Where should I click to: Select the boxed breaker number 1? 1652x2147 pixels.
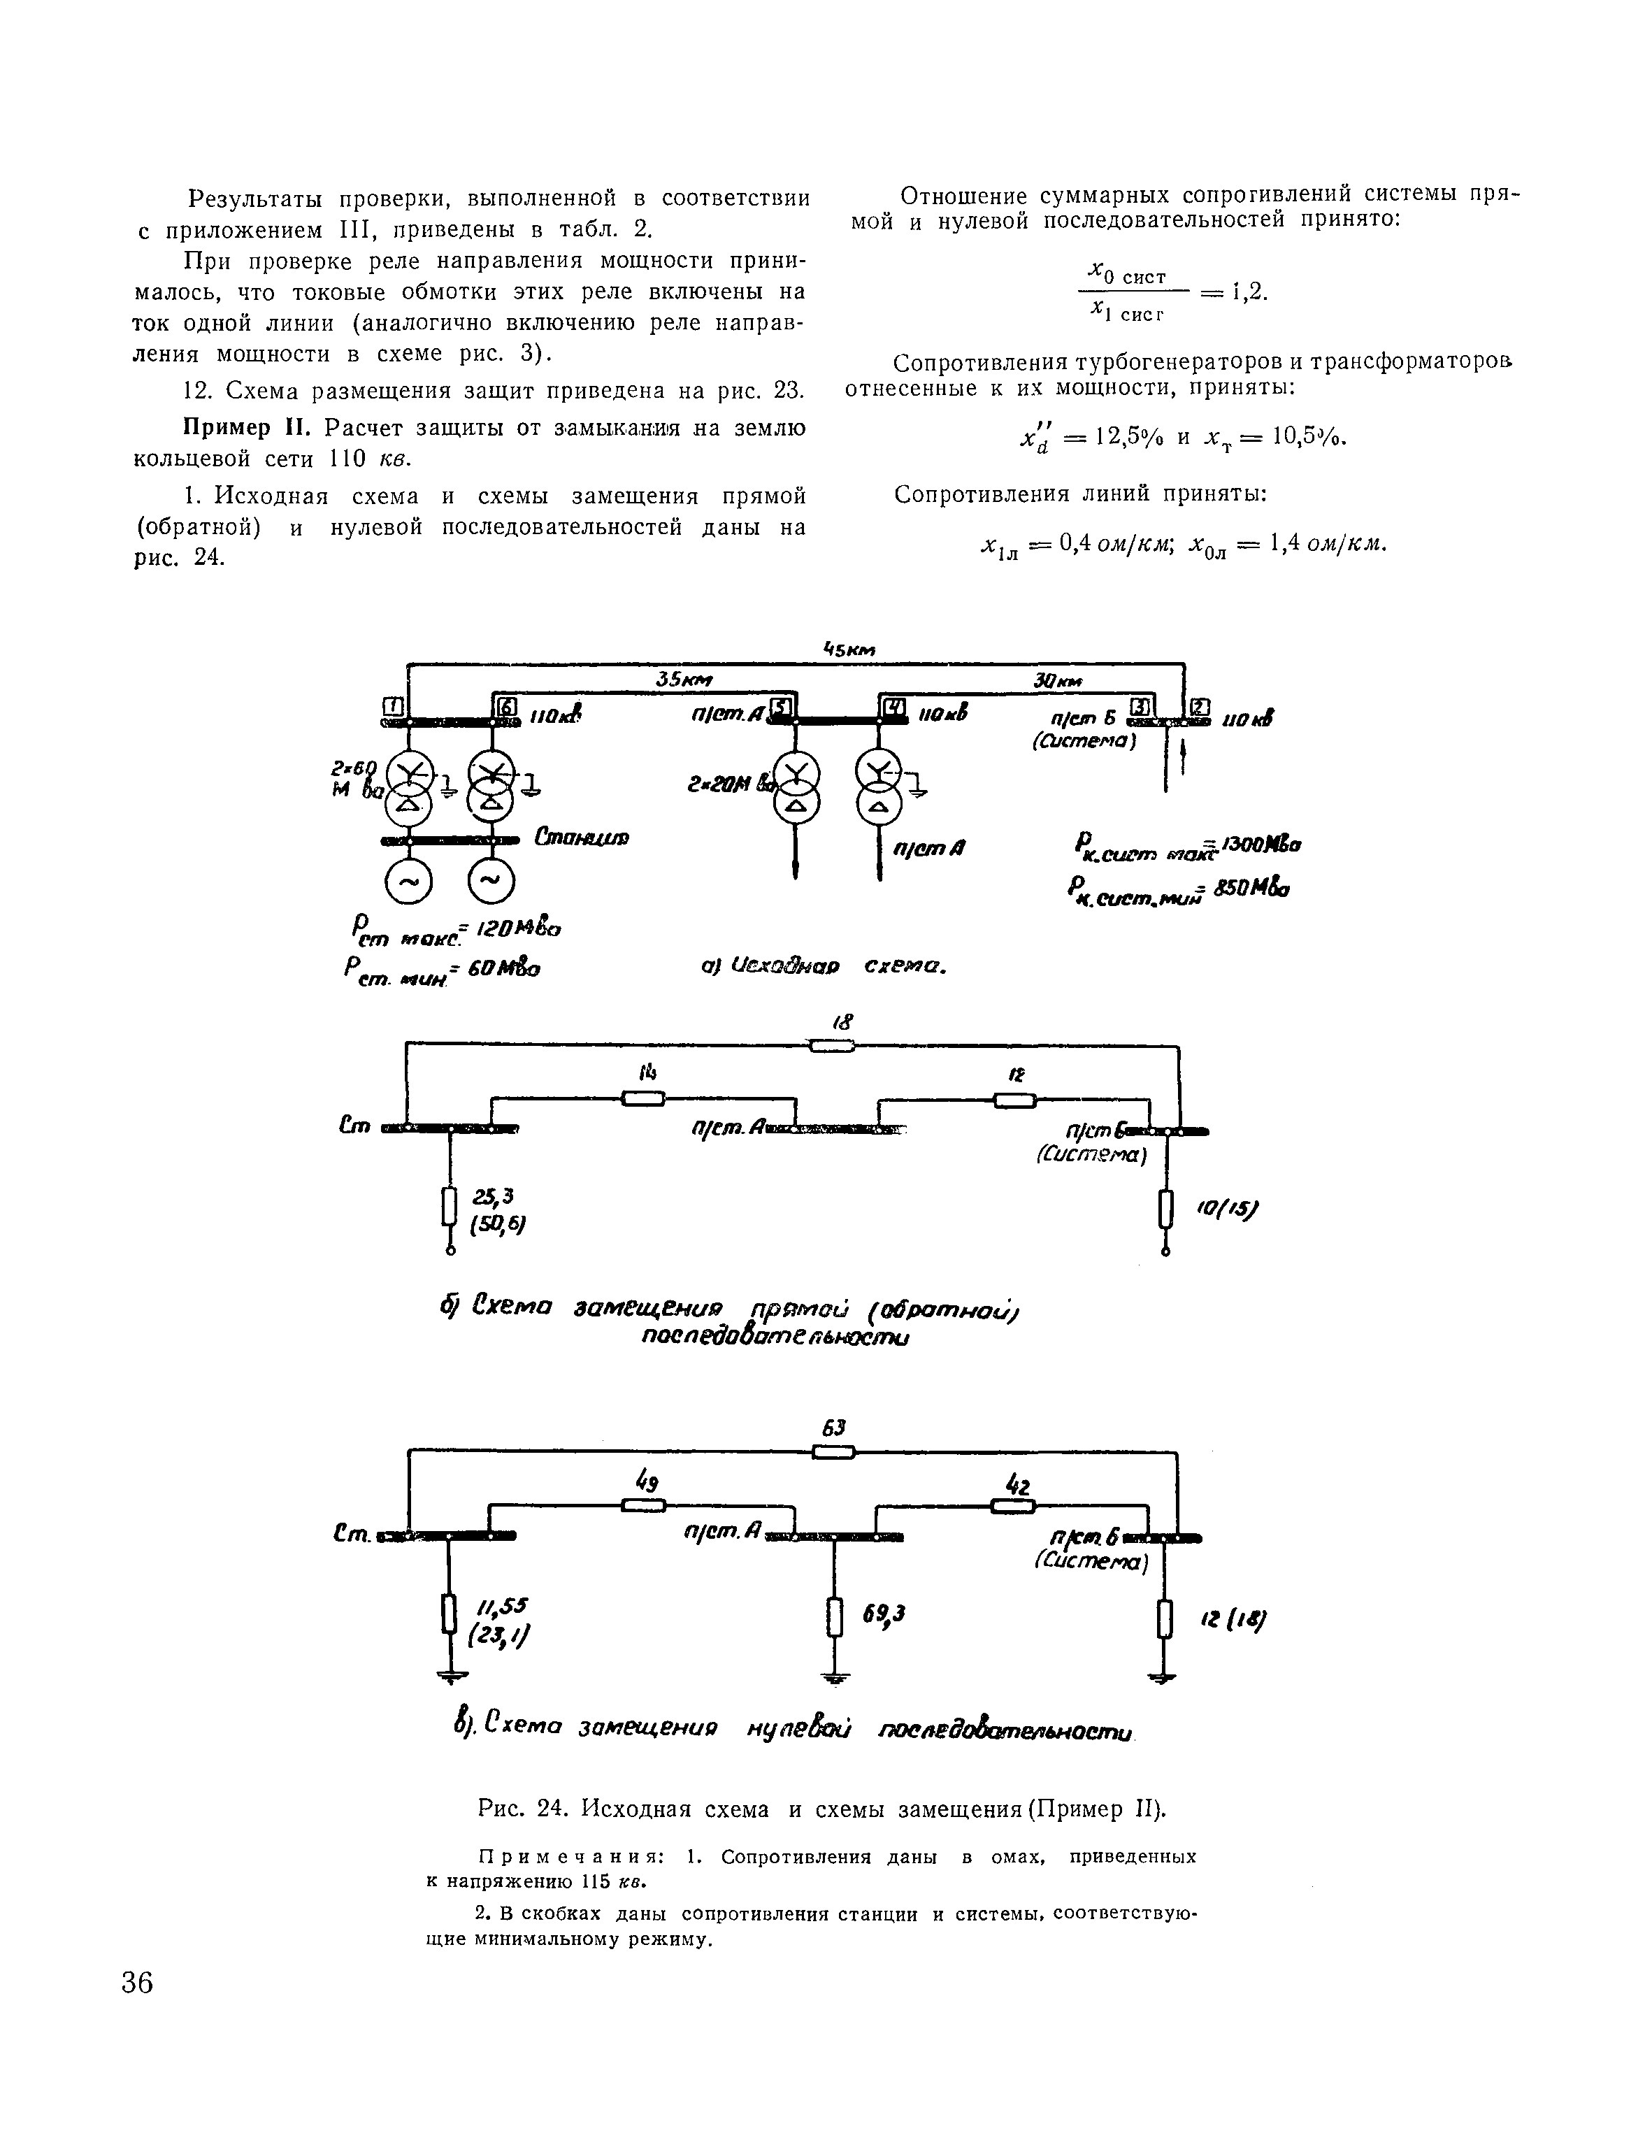(x=394, y=707)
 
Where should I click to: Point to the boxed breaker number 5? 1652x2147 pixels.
(x=781, y=706)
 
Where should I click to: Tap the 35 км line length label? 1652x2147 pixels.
(x=685, y=680)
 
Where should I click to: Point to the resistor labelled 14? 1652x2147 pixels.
(x=643, y=1098)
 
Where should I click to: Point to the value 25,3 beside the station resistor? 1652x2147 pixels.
(x=487, y=1195)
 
